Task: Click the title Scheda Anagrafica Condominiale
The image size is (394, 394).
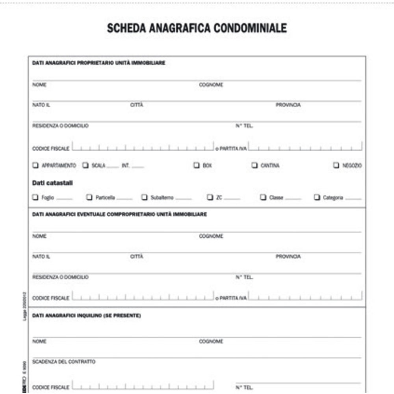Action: [197, 28]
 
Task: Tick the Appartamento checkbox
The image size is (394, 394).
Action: [35, 165]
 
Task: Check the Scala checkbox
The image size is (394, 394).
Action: [85, 165]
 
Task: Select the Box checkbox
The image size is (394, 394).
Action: [196, 165]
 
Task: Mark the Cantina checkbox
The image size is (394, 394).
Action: [255, 165]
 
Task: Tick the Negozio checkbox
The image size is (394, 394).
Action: [336, 165]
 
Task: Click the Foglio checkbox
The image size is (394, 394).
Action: [35, 197]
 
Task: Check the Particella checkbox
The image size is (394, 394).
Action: [89, 197]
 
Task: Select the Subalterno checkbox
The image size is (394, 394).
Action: [145, 197]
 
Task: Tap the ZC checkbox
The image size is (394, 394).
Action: [210, 197]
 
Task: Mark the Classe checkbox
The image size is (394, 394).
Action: [263, 197]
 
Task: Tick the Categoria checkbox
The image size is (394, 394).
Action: [317, 197]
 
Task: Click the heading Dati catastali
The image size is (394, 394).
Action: [52, 183]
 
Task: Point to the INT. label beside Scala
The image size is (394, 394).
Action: [126, 166]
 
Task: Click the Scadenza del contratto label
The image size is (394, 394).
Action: [64, 362]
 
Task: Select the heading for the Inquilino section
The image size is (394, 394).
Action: [86, 316]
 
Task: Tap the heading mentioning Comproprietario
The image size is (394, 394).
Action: [119, 214]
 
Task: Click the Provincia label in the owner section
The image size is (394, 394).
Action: [288, 105]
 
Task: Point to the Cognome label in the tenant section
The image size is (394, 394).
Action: [211, 342]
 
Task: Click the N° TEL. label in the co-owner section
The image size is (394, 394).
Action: [244, 277]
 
